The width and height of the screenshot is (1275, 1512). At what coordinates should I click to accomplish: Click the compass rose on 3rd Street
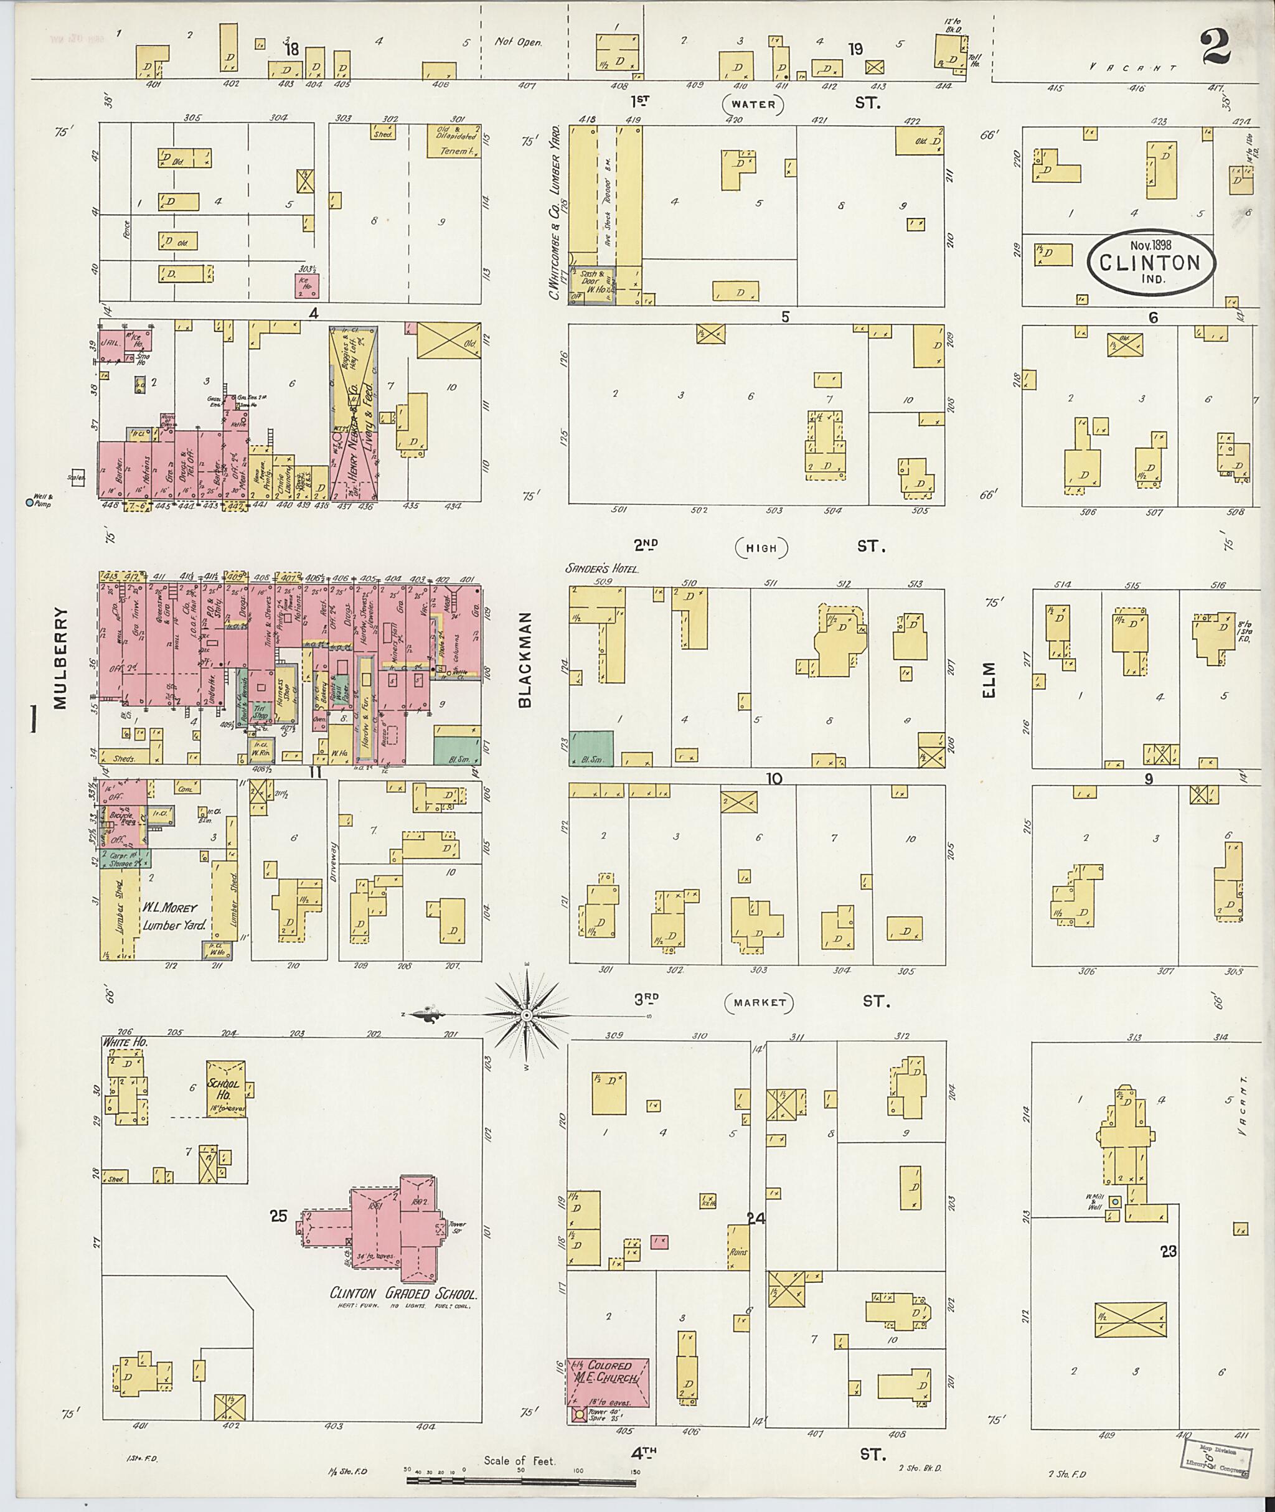527,1015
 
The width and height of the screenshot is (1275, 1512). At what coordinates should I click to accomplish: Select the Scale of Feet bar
521,1480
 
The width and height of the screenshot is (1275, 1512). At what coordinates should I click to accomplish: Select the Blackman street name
525,660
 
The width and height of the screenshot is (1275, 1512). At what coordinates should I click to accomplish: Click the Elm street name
989,680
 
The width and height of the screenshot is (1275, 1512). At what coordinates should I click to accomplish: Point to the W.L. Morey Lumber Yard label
174,916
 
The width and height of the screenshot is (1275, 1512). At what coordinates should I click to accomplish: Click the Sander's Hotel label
603,569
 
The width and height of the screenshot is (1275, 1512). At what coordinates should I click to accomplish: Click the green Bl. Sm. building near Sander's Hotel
591,748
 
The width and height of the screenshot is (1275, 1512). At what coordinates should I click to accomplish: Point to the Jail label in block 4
111,344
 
